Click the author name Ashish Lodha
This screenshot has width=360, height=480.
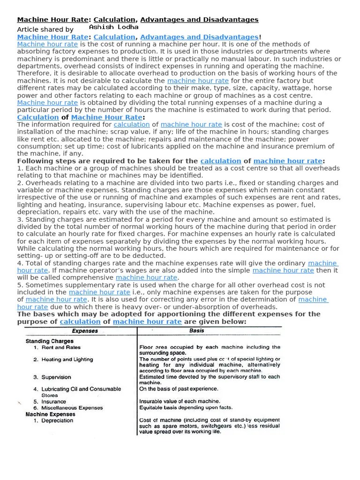pos(113,27)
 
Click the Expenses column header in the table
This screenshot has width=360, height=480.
pos(85,331)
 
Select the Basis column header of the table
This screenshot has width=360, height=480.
pos(196,330)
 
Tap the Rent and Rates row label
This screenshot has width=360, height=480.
pos(61,348)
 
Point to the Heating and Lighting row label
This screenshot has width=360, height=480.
pos(67,360)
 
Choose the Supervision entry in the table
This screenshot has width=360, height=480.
pos(56,377)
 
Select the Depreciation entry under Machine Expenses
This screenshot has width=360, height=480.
pos(57,420)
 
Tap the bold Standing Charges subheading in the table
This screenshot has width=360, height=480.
pos(49,341)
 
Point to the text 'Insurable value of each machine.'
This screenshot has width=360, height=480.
pos(180,401)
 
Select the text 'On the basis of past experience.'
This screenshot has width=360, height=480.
pos(179,389)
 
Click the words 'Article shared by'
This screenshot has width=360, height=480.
pos(45,29)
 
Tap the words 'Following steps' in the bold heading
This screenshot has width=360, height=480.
pos(43,161)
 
